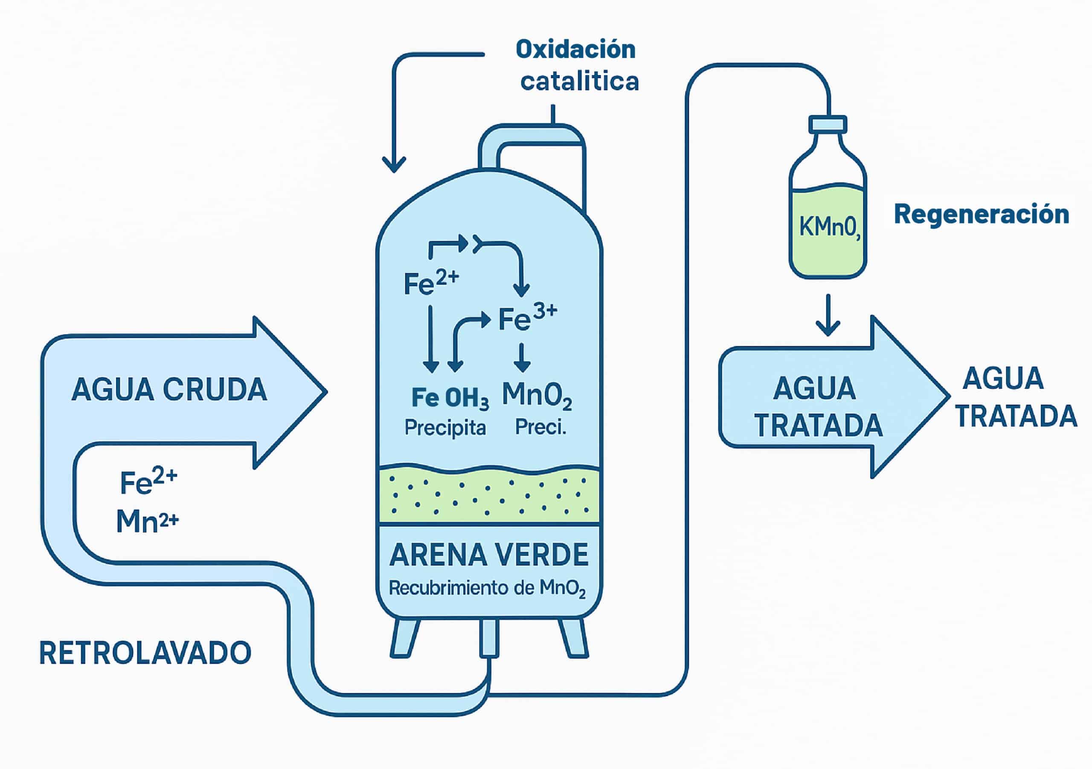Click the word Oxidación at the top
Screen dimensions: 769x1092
[x=575, y=49]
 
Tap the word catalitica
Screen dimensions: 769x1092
[x=579, y=82]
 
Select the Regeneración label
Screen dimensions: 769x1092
[x=982, y=214]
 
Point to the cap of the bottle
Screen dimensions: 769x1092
[x=828, y=124]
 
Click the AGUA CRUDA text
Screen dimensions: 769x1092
[x=169, y=390]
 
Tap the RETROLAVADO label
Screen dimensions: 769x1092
[x=145, y=653]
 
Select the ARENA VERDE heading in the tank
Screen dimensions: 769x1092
[x=489, y=555]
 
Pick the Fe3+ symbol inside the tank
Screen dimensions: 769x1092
[x=527, y=318]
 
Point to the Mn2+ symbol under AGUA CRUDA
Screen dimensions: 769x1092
[x=148, y=521]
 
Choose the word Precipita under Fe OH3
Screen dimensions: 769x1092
[x=445, y=428]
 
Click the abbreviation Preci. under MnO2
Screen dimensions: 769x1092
[x=541, y=427]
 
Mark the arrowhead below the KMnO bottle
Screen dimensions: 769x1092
[x=828, y=328]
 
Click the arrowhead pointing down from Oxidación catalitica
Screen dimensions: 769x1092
[x=394, y=165]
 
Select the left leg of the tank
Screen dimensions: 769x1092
[x=404, y=638]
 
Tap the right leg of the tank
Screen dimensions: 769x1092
[x=573, y=638]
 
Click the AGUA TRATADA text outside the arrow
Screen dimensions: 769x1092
[x=1015, y=397]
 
